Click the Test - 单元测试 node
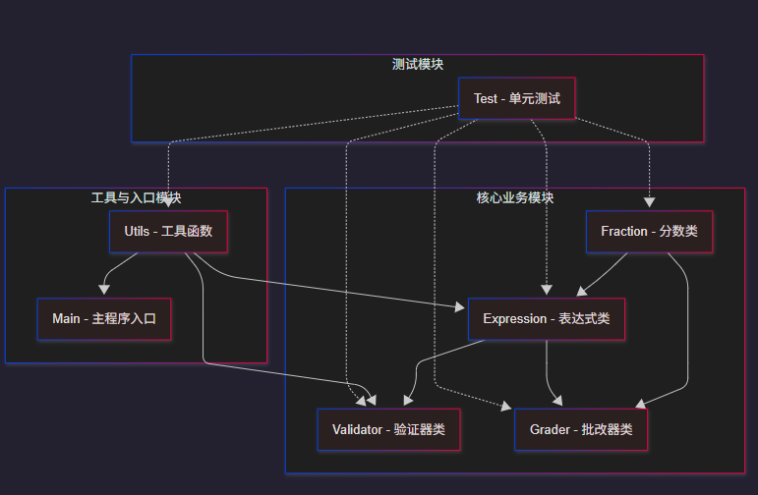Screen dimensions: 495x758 coord(516,98)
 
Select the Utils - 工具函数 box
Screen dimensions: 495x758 coord(168,232)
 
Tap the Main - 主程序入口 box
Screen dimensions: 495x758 coord(104,319)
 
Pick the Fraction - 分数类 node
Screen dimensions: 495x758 coord(649,232)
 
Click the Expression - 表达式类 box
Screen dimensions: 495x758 coord(546,319)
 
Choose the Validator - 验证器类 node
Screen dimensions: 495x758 coord(388,429)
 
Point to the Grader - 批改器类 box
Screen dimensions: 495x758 coord(581,429)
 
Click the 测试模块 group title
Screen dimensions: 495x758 coord(418,65)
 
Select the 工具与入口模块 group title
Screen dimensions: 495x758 coord(136,198)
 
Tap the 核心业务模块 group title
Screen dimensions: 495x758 coord(514,198)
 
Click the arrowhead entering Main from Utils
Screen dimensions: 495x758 coord(103,290)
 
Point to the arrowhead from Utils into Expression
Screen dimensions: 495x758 coord(460,307)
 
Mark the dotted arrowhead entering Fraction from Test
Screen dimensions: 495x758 coord(650,204)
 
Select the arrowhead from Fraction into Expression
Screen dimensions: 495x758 coord(581,292)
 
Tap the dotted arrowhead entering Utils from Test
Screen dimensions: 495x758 coord(168,204)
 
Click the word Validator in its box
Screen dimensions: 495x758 coord(359,429)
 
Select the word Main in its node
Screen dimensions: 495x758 coord(67,319)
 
